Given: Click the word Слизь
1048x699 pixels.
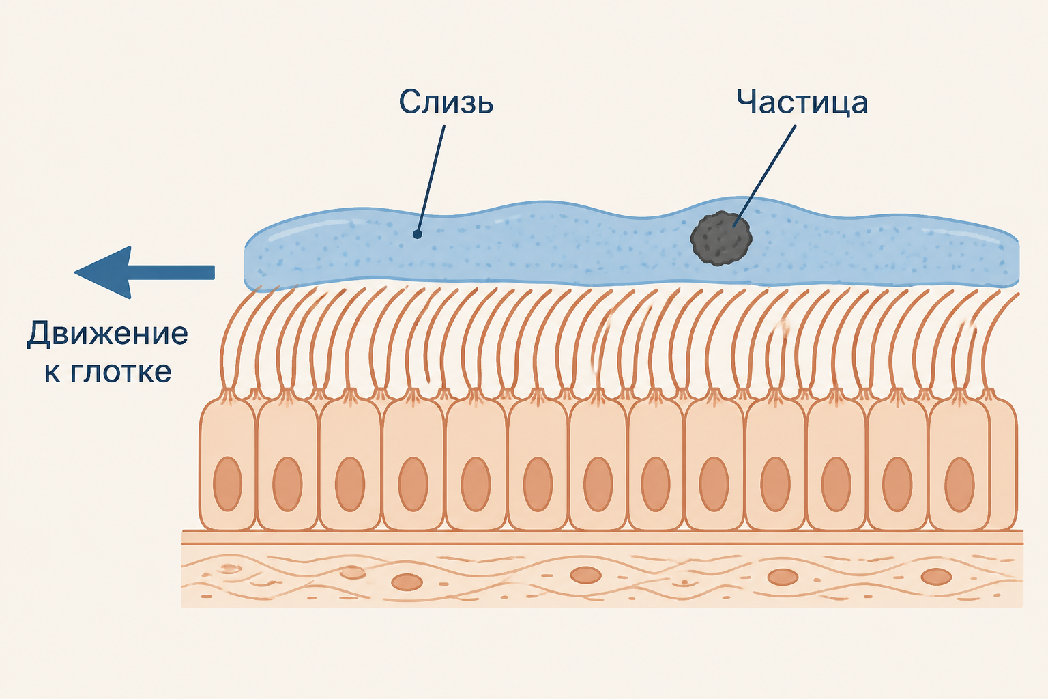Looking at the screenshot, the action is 446,102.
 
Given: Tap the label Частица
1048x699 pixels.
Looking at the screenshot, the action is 802,102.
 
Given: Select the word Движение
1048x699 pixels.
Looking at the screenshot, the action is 107,334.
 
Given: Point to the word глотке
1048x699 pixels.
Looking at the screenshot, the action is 120,372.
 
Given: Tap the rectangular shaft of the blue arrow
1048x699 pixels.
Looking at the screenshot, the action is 173,272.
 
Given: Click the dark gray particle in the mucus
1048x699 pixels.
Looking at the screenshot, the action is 721,238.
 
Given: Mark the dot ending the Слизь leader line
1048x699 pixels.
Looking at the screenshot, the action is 418,234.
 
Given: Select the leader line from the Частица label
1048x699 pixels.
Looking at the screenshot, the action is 764,176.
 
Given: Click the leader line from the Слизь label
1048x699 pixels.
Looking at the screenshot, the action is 431,180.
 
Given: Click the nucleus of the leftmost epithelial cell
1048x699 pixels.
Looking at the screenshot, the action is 227,484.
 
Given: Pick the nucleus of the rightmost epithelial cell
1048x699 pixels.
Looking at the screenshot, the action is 959,485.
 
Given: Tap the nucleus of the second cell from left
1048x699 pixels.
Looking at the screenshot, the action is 287,484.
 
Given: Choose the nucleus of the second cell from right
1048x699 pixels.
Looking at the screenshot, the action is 897,485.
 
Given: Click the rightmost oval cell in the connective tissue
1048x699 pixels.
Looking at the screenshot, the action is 936,577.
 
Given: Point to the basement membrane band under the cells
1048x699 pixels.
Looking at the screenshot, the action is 602,537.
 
